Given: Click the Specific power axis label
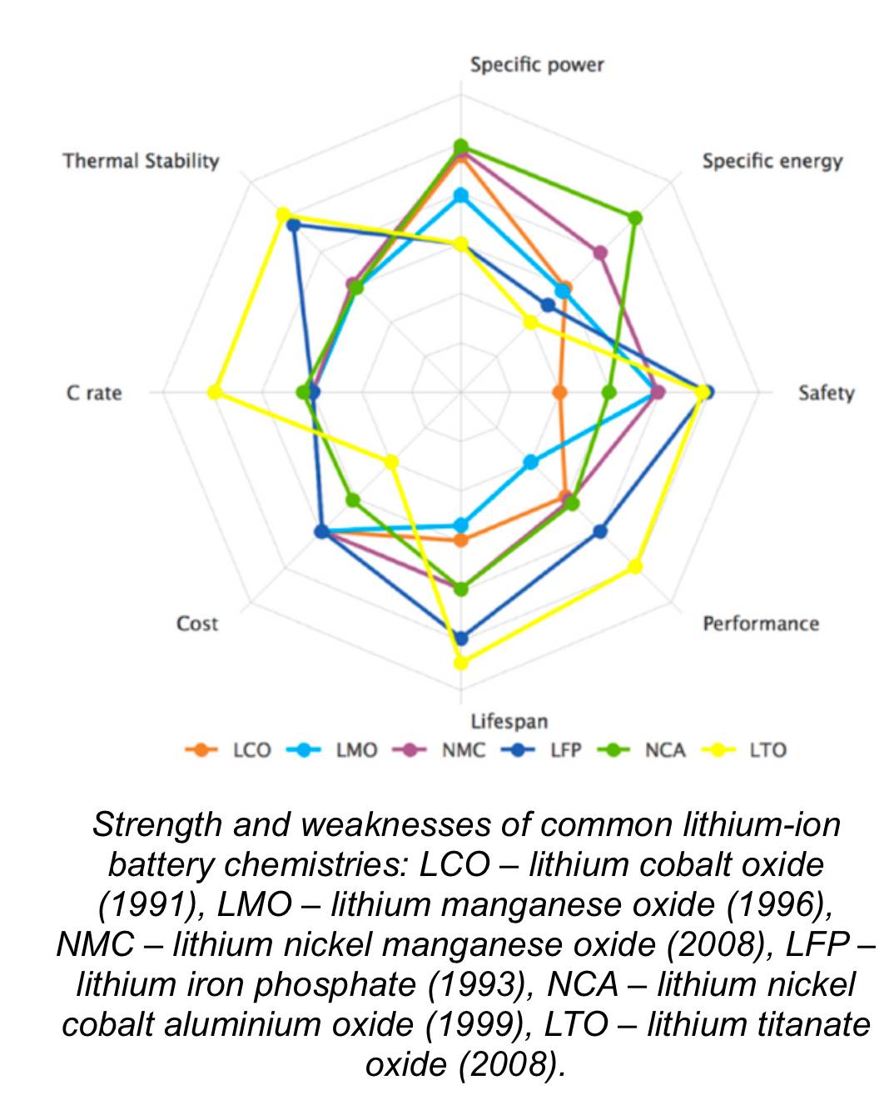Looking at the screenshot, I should pos(536,65).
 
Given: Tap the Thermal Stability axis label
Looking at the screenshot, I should pos(141,161).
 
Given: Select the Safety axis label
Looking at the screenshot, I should pos(826,392).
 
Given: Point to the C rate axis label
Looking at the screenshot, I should pos(94,392).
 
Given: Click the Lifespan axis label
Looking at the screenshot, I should pos(509,721).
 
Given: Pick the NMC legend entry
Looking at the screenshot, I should pos(463,750).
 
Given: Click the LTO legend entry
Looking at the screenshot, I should pos(767,750).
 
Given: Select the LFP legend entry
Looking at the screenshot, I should pos(565,750).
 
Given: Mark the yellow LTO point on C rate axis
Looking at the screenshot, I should pos(214,391).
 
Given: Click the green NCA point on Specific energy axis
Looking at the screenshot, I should pos(634,218).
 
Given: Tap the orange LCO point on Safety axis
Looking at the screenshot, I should pos(559,391).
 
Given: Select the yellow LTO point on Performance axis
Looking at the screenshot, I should pos(634,566).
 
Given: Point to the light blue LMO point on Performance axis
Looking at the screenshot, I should pos(530,462).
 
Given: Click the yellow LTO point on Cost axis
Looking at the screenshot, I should pos(390,461).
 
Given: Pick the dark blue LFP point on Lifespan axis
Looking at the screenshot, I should pos(460,639).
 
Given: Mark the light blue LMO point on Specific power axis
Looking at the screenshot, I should pos(460,196).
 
